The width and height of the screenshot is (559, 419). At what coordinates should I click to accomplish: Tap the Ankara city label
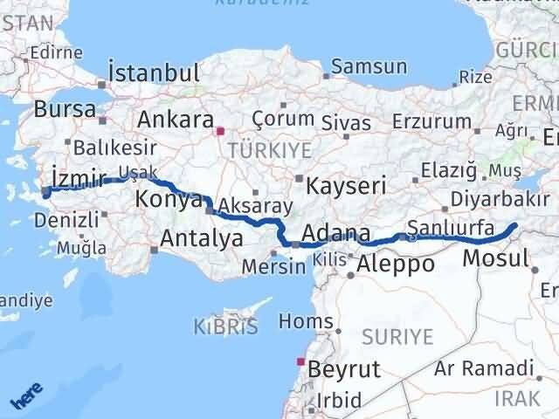pyautogui.click(x=176, y=119)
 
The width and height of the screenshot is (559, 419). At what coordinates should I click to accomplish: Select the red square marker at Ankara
pyautogui.click(x=219, y=133)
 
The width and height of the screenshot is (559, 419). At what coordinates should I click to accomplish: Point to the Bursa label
pyautogui.click(x=66, y=110)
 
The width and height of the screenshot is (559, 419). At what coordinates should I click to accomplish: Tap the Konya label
pyautogui.click(x=169, y=200)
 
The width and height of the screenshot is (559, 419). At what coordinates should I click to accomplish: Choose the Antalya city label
pyautogui.click(x=201, y=237)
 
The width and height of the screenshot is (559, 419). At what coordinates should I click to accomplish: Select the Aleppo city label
pyautogui.click(x=396, y=264)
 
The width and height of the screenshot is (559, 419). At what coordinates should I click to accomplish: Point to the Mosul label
pyautogui.click(x=495, y=258)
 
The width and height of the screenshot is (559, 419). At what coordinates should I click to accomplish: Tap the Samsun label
pyautogui.click(x=369, y=66)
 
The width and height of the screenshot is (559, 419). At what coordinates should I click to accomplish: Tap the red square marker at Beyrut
pyautogui.click(x=301, y=361)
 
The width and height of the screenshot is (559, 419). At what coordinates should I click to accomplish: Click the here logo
pyautogui.click(x=24, y=397)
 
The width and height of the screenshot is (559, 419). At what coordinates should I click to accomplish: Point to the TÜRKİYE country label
pyautogui.click(x=269, y=150)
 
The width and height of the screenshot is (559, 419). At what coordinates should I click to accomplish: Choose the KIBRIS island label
pyautogui.click(x=225, y=328)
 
